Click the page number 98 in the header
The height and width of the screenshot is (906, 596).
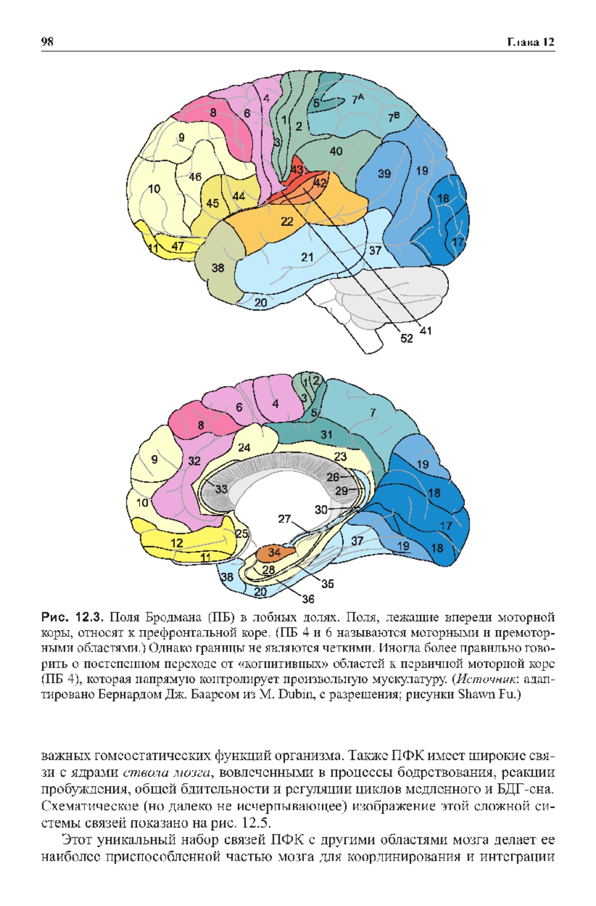(47, 42)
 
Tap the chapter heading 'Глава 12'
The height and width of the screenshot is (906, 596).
(530, 42)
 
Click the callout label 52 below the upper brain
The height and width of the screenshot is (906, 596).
(406, 338)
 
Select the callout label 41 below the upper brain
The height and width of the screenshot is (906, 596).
(426, 330)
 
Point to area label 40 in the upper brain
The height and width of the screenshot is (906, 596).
(336, 151)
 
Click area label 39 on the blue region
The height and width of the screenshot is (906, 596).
(384, 174)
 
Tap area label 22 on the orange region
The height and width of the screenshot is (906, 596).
(287, 221)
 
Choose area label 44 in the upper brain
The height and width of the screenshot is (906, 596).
(239, 196)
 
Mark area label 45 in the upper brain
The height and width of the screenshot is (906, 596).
(213, 203)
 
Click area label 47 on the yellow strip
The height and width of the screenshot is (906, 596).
(178, 246)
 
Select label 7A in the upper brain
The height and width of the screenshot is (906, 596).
(358, 99)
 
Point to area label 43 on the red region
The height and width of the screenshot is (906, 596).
(297, 170)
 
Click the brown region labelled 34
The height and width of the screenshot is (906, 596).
(274, 552)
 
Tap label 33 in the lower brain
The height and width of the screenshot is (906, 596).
(221, 489)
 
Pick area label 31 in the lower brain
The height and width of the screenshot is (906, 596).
(326, 435)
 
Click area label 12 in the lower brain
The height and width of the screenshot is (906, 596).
(177, 543)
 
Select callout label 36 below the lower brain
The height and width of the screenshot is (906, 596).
(308, 599)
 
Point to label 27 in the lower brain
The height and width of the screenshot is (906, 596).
(284, 519)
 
